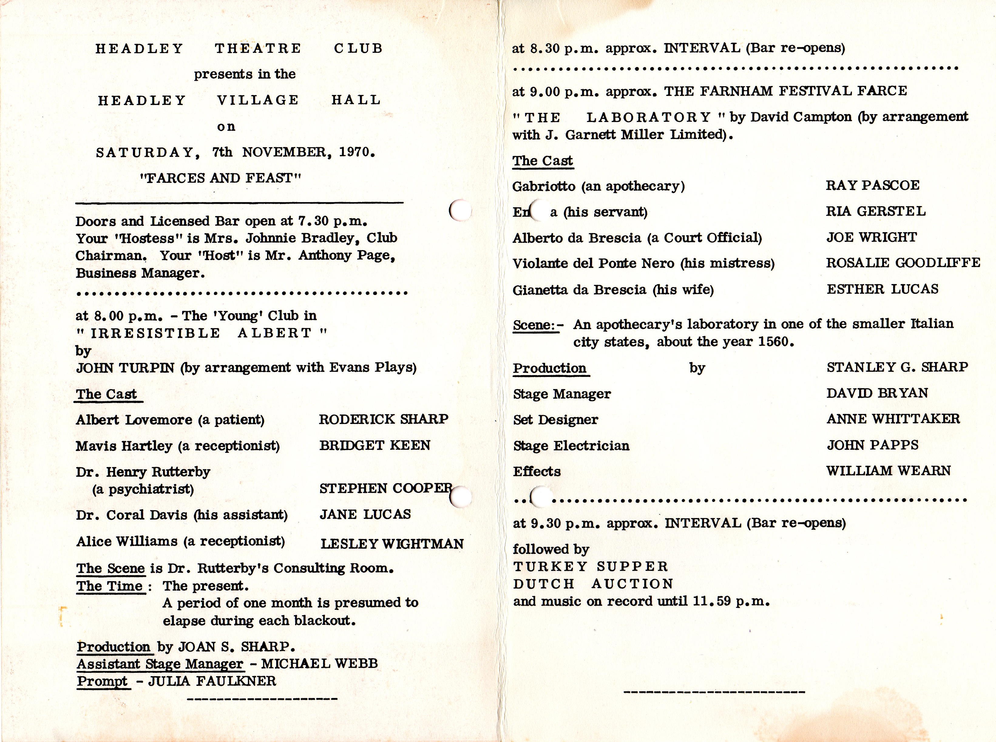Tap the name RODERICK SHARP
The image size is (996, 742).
point(384,419)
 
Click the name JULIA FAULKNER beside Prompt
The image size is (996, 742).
point(212,681)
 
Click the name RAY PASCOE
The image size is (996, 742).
point(872,185)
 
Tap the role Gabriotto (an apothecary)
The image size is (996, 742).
point(598,186)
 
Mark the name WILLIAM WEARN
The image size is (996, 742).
point(888,471)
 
